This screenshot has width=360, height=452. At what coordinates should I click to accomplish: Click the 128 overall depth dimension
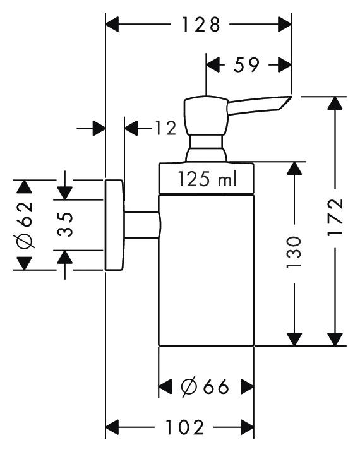201,25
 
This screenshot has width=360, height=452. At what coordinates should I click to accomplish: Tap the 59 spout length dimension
246,65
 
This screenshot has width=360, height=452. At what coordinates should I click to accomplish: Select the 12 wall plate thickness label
165,128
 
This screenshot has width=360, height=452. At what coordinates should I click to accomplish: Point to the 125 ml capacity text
207,179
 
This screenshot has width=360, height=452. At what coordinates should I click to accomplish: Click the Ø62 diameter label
24,225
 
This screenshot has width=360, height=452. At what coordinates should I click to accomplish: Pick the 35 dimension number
64,224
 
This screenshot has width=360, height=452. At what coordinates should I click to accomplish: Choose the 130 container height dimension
294,253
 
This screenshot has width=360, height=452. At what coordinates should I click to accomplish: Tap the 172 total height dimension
335,217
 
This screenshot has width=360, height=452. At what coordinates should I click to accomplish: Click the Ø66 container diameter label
205,386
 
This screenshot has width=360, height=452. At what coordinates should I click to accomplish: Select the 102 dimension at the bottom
184,427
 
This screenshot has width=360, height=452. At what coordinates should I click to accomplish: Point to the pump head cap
207,116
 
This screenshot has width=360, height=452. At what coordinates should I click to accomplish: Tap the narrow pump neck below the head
207,142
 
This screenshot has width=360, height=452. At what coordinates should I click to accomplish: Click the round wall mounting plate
114,225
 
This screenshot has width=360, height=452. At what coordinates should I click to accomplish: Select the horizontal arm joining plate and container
141,225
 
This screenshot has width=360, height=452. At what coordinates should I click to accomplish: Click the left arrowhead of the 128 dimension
112,25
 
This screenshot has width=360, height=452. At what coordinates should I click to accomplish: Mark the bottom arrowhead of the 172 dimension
335,339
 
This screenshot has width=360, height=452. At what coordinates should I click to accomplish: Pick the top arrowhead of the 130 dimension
294,169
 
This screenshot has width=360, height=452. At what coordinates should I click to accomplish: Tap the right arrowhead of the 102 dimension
247,427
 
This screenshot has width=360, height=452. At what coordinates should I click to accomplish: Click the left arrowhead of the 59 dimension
213,65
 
